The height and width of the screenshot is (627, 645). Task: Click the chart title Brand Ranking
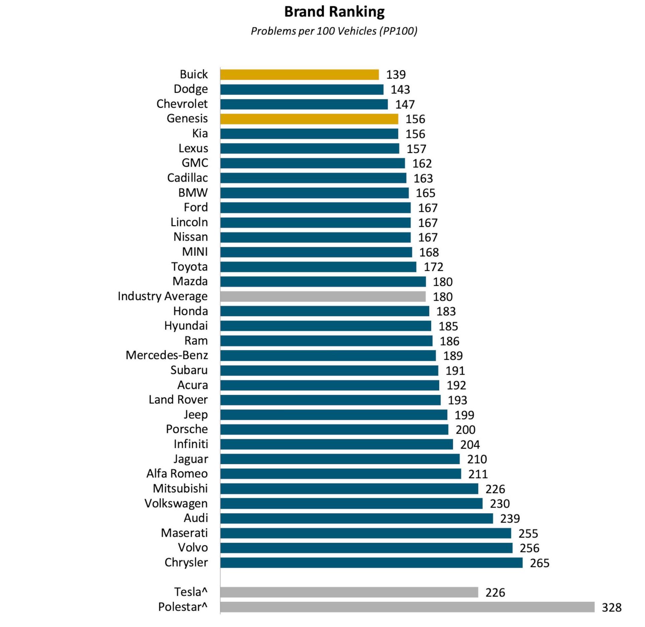tap(334, 12)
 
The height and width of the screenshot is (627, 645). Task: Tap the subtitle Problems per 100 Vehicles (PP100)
tap(334, 31)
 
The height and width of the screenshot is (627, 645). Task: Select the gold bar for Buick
tap(299, 75)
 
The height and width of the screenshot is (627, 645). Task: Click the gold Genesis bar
tap(309, 119)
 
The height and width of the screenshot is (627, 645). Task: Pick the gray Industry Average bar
tap(323, 297)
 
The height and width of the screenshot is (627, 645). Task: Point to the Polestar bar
tap(407, 607)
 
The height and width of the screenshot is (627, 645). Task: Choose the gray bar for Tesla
tap(349, 592)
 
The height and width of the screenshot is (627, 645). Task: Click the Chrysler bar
tap(371, 563)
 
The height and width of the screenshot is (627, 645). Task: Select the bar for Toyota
tap(318, 267)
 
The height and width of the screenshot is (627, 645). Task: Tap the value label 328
tap(611, 607)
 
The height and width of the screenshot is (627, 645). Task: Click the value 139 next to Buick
tap(396, 75)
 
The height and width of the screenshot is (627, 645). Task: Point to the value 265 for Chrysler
tap(539, 563)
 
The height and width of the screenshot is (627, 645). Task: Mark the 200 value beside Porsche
tap(465, 430)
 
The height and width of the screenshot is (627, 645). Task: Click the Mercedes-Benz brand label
tap(167, 355)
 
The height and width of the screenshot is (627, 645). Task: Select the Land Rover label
tap(178, 400)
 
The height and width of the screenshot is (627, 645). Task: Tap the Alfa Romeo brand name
tap(177, 474)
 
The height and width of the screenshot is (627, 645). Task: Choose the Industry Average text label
tap(162, 297)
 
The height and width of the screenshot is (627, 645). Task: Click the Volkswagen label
tap(176, 503)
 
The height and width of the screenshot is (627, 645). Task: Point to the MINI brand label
tap(195, 252)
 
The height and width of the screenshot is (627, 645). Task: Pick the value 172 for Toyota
tap(433, 267)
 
